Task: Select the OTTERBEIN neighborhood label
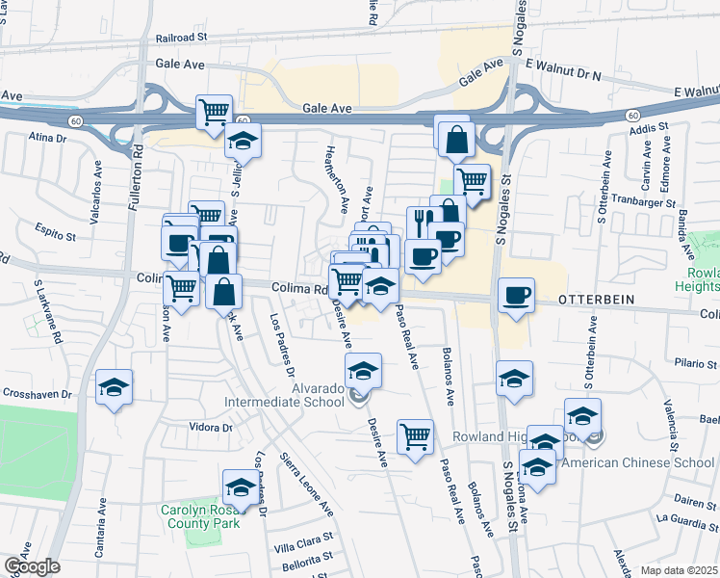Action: pos(595,300)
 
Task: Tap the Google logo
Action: pos(32,566)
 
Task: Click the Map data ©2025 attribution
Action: pos(678,570)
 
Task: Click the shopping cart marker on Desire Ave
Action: pos(415,434)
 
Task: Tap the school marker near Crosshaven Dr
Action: pos(115,388)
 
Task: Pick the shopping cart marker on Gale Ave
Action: pos(214,111)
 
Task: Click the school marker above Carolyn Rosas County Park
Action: pos(241,486)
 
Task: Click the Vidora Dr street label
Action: pos(212,427)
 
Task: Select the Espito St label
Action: pos(57,234)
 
